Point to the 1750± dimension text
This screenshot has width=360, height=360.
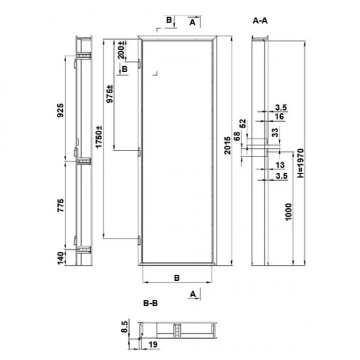pos(99,139)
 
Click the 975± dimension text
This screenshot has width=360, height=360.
pos(109,96)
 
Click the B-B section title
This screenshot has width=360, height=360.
pos(150,303)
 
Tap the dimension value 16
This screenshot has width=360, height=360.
pos(279,116)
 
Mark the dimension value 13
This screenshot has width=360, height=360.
pos(279,165)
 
